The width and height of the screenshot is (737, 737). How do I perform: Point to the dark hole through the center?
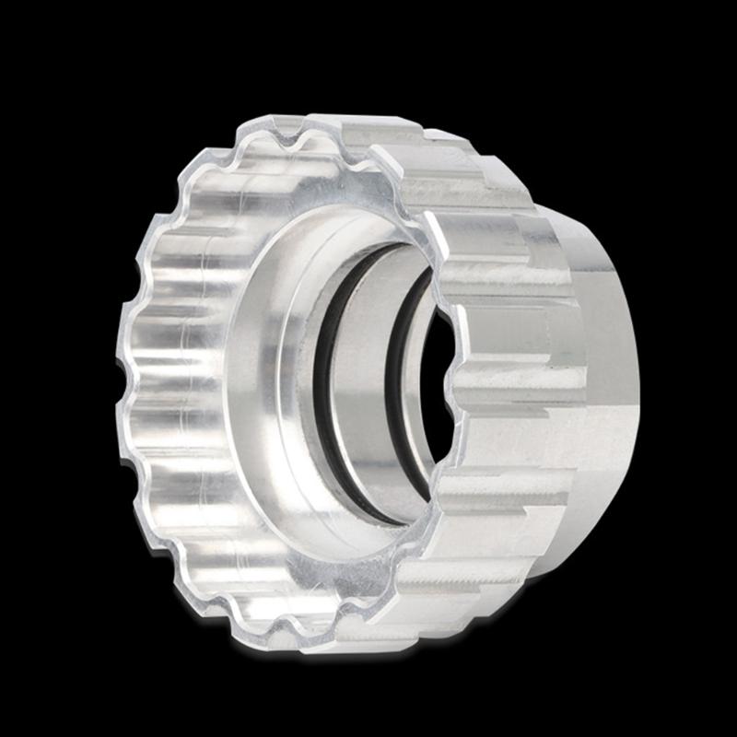(439, 387)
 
